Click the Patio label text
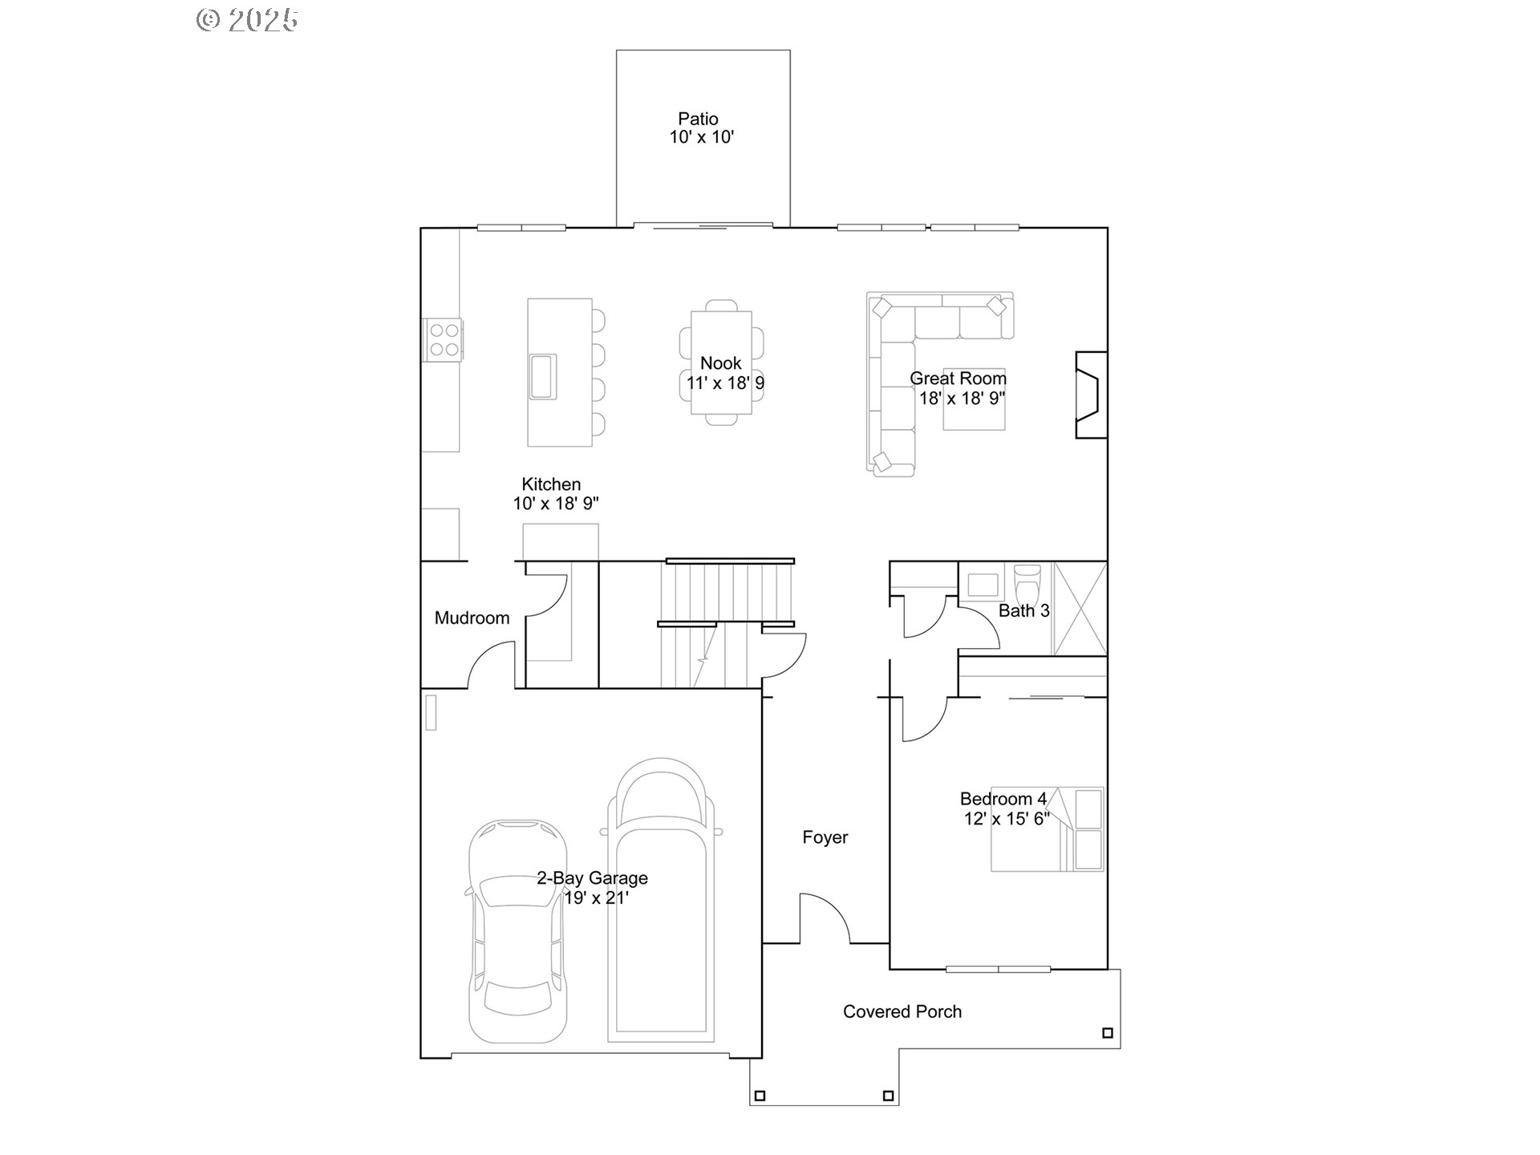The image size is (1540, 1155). click(x=698, y=120)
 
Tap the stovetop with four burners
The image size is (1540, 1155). click(x=443, y=339)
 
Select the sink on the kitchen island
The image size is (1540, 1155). click(x=542, y=376)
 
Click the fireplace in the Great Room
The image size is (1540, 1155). click(x=1090, y=395)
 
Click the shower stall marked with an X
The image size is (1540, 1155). click(x=1080, y=608)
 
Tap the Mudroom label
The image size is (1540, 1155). click(x=472, y=618)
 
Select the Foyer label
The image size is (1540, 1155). click(x=825, y=837)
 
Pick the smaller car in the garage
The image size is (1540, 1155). click(x=517, y=930)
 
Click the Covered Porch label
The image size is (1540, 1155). click(x=902, y=1012)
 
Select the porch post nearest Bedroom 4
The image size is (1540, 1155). click(x=1107, y=1033)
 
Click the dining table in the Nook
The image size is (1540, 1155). click(x=721, y=363)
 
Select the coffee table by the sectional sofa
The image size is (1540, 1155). click(x=974, y=399)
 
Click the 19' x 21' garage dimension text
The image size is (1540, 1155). click(x=595, y=898)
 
